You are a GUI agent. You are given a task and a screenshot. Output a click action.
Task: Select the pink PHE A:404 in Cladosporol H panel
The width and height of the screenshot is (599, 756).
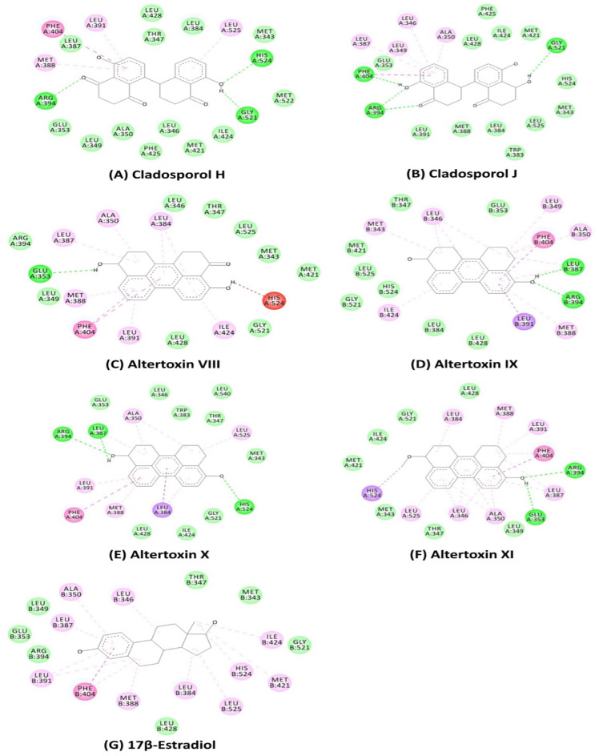click(x=53, y=29)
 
